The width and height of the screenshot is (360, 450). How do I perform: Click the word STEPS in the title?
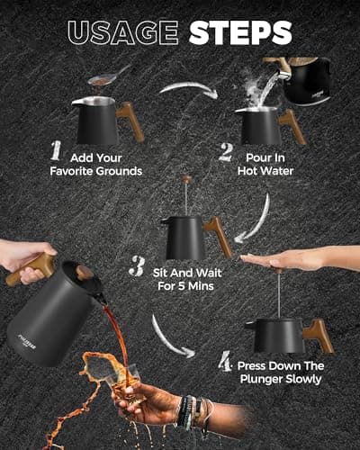(x=239, y=33)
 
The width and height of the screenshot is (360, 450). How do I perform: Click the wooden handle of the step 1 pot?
(x=130, y=120)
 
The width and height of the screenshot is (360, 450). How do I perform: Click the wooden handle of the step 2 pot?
(x=292, y=125)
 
